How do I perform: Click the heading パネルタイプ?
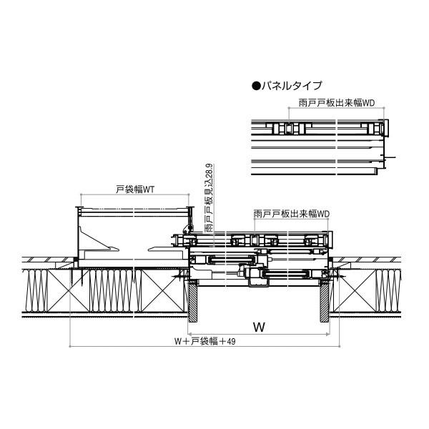point(292,86)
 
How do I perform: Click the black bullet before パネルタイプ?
point(256,86)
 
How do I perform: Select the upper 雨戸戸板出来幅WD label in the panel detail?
point(337,103)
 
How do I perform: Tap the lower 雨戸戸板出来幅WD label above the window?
point(292,214)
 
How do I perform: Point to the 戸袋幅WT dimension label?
point(135,189)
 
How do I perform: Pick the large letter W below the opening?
point(259,327)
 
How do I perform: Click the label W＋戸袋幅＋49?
point(205,341)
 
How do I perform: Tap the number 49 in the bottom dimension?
point(231,342)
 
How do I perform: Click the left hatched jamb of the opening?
point(192,301)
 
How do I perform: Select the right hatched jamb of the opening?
point(325,301)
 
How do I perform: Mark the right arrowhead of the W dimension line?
point(327,334)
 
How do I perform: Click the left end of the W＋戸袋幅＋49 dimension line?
point(70,346)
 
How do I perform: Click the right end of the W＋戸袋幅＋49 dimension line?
point(340,346)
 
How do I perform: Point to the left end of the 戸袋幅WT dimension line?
point(81,194)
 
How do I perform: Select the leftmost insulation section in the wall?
point(36,290)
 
